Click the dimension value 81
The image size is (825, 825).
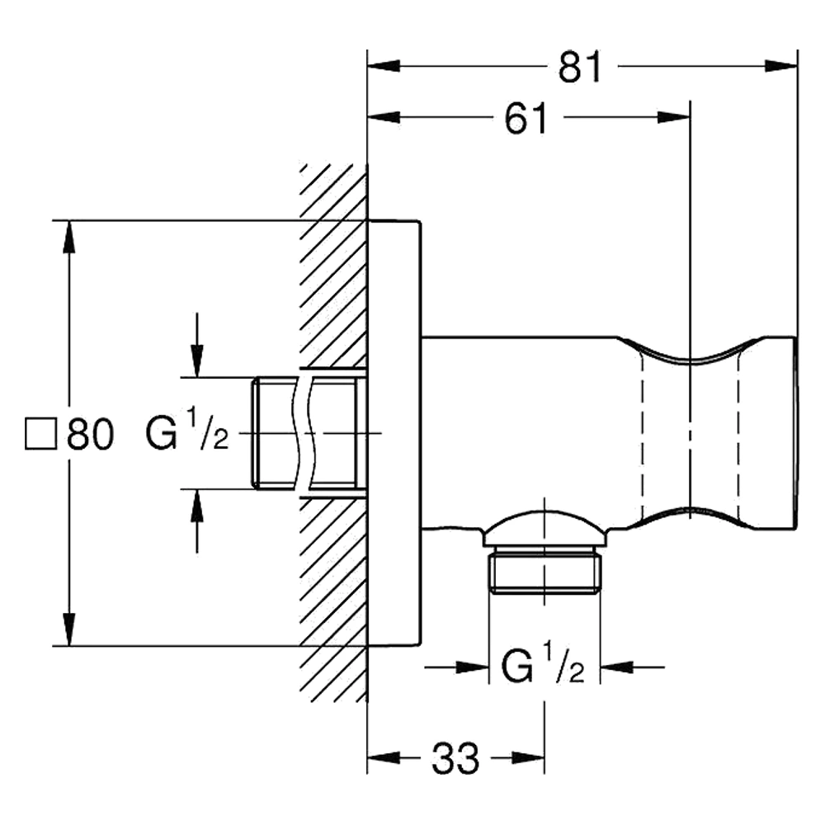(579, 67)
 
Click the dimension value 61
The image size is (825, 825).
(526, 118)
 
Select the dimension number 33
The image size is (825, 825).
(455, 758)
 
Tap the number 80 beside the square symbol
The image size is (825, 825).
(91, 435)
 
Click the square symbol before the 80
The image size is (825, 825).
(40, 434)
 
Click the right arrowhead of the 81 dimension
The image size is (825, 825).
(780, 66)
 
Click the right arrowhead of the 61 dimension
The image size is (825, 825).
(673, 117)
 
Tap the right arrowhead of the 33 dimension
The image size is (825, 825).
(528, 757)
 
